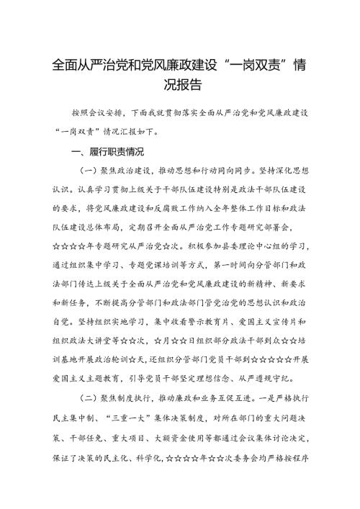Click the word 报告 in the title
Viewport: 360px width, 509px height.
[192, 83]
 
